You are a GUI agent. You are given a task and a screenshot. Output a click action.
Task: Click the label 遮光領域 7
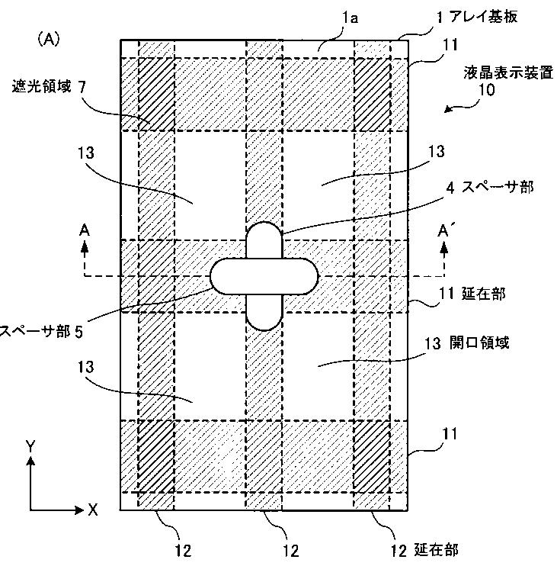coord(49,87)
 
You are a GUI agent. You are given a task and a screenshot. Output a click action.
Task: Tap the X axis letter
coord(92,510)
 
